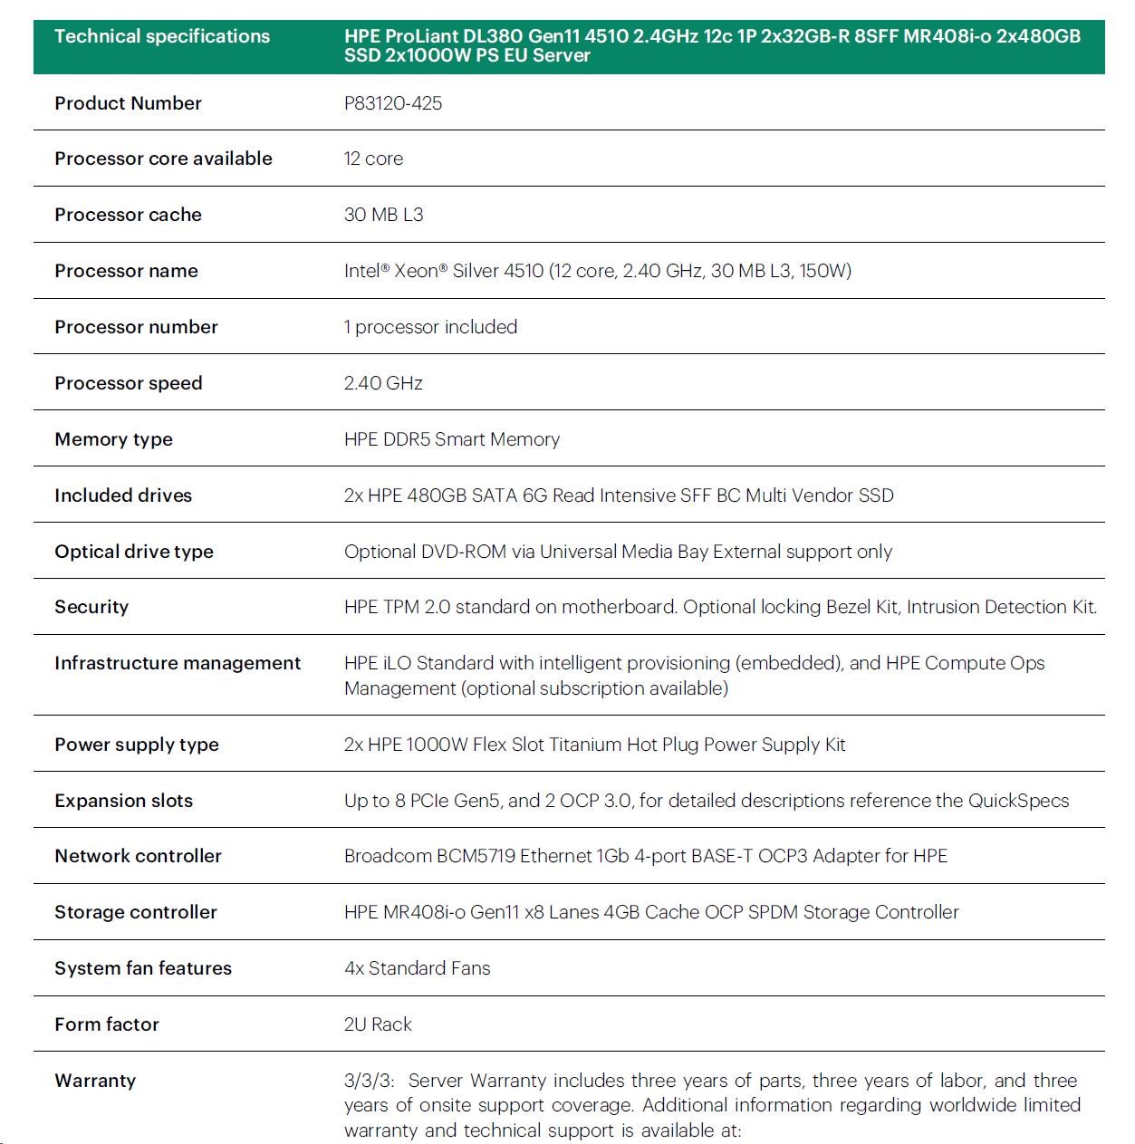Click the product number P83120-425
[393, 103]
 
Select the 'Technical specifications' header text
[162, 36]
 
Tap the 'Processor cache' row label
[128, 215]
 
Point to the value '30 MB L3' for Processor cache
[383, 215]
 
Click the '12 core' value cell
[373, 159]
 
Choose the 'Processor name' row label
[126, 271]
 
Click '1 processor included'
[430, 327]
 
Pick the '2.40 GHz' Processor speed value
[383, 383]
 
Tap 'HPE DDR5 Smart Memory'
[451, 439]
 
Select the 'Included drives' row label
[123, 495]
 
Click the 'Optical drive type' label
[134, 552]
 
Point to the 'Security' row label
[91, 607]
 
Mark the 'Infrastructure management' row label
[178, 663]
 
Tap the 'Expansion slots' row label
[123, 801]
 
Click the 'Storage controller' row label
[136, 912]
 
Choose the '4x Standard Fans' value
[417, 968]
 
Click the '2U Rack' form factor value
[378, 1024]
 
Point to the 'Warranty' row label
[95, 1081]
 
